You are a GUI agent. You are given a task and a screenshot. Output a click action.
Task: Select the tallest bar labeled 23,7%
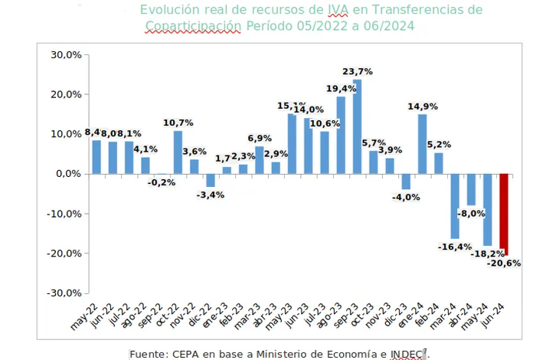pyautogui.click(x=358, y=126)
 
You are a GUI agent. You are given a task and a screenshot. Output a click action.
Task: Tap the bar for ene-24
pyautogui.click(x=423, y=144)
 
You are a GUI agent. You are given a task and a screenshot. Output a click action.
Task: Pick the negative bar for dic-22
pyautogui.click(x=211, y=180)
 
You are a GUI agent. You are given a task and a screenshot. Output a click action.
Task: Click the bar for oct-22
pyautogui.click(x=178, y=152)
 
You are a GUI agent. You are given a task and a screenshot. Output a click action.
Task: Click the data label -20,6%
pyautogui.click(x=504, y=263)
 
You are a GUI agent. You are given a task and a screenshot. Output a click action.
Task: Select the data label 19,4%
pyautogui.click(x=341, y=89)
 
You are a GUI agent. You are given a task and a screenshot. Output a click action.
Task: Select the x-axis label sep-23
pyautogui.click(x=351, y=313)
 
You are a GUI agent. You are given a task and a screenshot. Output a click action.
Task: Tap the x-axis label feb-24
pyautogui.click(x=432, y=313)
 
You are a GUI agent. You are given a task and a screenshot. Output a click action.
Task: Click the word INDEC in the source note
pyautogui.click(x=407, y=353)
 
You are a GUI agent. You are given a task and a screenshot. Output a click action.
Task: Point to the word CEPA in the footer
pyautogui.click(x=188, y=353)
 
